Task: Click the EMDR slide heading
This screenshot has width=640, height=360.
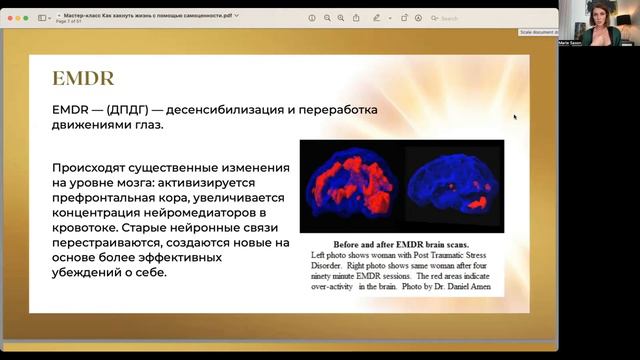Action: [x=83, y=79]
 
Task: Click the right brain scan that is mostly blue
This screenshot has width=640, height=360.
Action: [x=452, y=186]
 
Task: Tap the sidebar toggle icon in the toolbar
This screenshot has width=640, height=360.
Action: [x=43, y=18]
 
